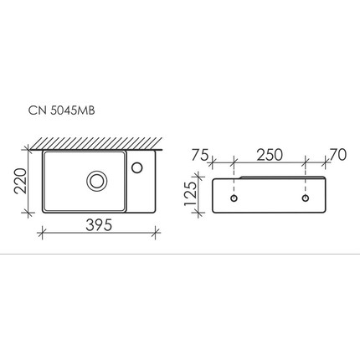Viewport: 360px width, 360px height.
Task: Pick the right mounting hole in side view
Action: tap(306, 199)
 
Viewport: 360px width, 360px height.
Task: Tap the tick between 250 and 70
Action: tap(306, 162)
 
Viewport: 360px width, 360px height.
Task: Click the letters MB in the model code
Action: tap(95, 110)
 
